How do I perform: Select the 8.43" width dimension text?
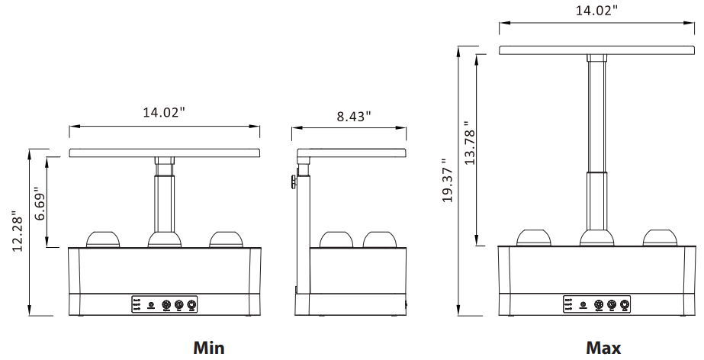point(352,117)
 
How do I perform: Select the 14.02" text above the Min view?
point(165,113)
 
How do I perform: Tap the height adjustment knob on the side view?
point(292,182)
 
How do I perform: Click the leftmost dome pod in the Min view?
point(103,239)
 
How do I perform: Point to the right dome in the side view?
point(381,239)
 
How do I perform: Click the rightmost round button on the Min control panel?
point(192,305)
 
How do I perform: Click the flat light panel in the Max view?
point(596,50)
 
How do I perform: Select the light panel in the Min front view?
point(165,153)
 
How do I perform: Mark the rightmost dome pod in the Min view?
point(227,239)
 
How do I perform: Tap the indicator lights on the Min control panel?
point(137,305)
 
